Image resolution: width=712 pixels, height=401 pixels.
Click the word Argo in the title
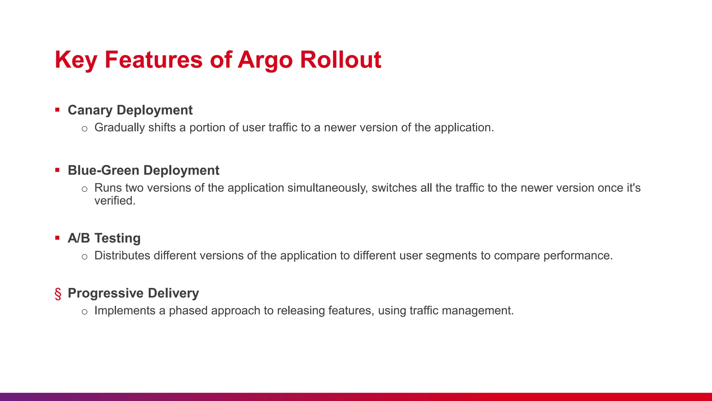pyautogui.click(x=265, y=60)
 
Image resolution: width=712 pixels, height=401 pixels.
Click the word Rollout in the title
pyautogui.click(x=340, y=60)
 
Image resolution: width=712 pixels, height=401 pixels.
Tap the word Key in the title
pyautogui.click(x=76, y=60)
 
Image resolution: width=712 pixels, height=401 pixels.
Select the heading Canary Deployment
pyautogui.click(x=130, y=110)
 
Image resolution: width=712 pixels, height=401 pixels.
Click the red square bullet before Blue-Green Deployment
pyautogui.click(x=57, y=170)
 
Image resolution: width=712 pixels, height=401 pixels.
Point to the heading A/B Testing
pyautogui.click(x=104, y=238)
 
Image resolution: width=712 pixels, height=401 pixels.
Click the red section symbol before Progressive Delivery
pyautogui.click(x=58, y=294)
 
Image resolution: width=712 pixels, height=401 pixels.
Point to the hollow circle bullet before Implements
pyautogui.click(x=84, y=312)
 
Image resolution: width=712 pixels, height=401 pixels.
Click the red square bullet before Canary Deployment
pyautogui.click(x=57, y=110)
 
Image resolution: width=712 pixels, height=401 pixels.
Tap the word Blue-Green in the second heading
pyautogui.click(x=104, y=170)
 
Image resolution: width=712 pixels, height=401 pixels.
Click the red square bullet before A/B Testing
pyautogui.click(x=57, y=238)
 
